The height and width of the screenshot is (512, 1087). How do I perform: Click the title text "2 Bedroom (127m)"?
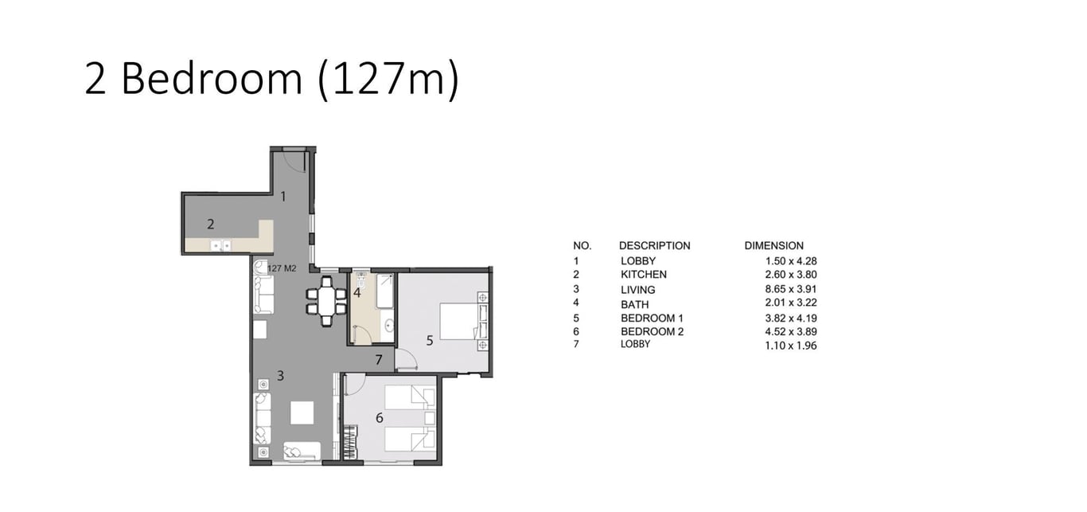(272, 79)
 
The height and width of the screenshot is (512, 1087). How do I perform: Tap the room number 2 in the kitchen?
(211, 224)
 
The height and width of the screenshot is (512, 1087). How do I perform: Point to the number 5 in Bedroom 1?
(430, 341)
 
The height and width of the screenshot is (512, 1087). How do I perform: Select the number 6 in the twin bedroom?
(380, 418)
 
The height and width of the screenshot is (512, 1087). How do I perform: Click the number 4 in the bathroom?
(357, 293)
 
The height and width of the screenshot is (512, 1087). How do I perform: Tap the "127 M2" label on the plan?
(282, 268)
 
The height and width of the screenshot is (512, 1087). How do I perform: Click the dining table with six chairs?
(326, 301)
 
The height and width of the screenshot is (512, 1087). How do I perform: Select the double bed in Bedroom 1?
(458, 322)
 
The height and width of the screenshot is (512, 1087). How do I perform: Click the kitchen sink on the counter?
(220, 246)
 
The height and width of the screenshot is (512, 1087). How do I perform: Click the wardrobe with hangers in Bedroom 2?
(350, 442)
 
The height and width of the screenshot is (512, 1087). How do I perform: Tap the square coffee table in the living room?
(302, 413)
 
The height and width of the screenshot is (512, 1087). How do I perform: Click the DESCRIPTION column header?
(655, 246)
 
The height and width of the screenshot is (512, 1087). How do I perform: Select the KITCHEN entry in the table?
(644, 275)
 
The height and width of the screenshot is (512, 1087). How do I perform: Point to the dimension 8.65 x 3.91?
(791, 289)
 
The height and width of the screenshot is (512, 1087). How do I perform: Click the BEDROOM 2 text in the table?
(653, 332)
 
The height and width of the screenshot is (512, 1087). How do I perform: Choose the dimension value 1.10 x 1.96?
(791, 346)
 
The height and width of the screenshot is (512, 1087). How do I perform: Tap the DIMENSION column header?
(774, 246)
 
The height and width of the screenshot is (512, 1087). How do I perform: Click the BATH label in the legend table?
(635, 305)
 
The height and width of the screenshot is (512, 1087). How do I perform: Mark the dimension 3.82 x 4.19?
(791, 319)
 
